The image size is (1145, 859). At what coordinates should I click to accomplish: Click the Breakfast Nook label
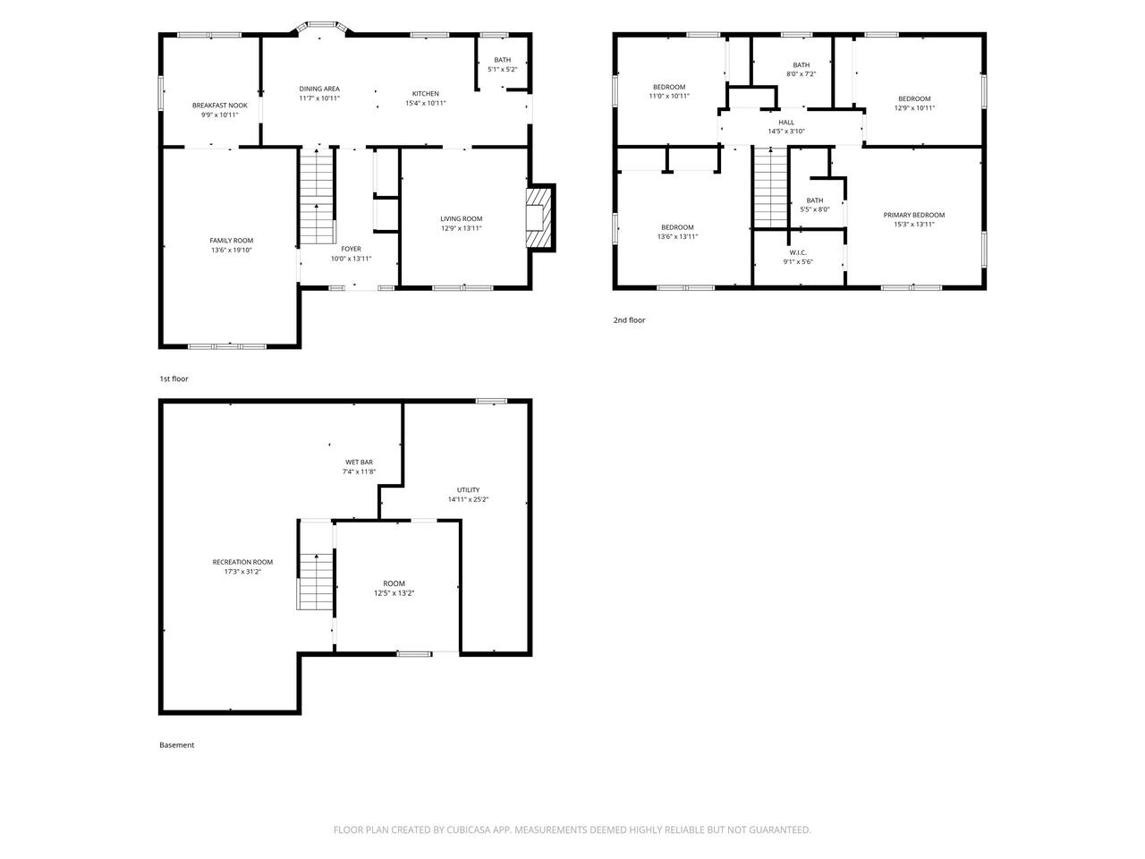coord(220,106)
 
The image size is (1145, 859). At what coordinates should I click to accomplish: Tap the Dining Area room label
coord(319,89)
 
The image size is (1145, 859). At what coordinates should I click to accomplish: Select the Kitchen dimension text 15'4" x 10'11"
coord(426,103)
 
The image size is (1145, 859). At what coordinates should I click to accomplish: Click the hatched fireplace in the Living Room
coord(539,217)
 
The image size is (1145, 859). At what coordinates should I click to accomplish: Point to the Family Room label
coord(231,241)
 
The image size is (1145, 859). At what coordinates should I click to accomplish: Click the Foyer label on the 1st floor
coord(351,249)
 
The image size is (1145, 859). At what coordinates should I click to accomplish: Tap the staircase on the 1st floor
coord(317,196)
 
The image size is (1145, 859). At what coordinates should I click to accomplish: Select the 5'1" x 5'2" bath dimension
coord(503,70)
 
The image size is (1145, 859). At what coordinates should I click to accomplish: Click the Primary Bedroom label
coord(914,215)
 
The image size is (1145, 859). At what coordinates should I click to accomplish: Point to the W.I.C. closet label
coord(798,252)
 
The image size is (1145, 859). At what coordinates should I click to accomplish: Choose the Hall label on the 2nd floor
coord(786,123)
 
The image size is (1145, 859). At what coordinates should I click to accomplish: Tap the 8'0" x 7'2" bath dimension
coord(801,74)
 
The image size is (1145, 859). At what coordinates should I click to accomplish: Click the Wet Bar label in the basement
coord(359,462)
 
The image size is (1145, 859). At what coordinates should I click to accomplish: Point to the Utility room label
coord(468,489)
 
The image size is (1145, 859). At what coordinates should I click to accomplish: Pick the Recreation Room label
coord(242,562)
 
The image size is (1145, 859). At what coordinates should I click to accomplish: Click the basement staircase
coord(316,581)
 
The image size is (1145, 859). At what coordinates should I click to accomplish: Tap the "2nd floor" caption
coord(629,320)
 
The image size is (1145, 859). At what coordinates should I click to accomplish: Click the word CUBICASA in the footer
coord(469,829)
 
